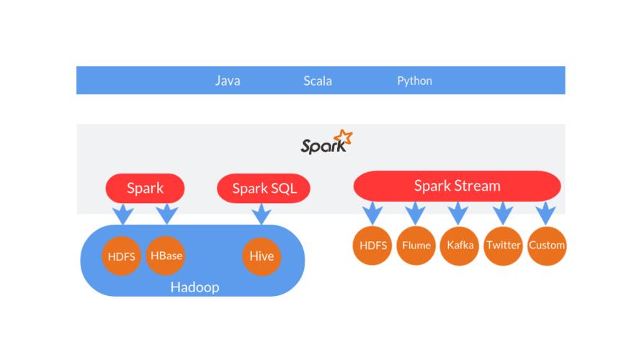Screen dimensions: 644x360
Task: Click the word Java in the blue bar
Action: [228, 81]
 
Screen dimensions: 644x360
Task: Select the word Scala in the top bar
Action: [318, 81]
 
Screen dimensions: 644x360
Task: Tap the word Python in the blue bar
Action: [414, 81]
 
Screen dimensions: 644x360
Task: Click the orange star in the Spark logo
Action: [344, 137]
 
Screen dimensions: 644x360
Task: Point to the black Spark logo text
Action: [323, 146]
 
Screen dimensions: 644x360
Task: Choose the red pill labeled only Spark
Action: [145, 188]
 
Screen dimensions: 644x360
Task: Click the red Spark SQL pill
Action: [264, 188]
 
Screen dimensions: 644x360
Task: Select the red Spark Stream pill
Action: [457, 186]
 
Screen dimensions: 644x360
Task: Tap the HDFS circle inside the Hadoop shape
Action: [121, 256]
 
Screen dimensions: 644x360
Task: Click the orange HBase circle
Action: [166, 256]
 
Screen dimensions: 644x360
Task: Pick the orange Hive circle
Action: [261, 256]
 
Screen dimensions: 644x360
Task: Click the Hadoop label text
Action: [194, 287]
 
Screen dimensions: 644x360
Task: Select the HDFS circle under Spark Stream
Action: [372, 246]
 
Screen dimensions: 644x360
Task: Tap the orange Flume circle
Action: [416, 246]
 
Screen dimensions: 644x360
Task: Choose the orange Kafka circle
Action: [460, 246]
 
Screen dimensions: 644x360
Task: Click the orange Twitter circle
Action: [503, 246]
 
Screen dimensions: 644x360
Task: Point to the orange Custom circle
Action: [547, 246]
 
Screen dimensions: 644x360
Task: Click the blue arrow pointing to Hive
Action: [261, 214]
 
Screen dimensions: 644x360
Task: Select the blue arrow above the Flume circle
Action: [415, 213]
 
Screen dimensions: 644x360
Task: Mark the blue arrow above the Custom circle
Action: [546, 213]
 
